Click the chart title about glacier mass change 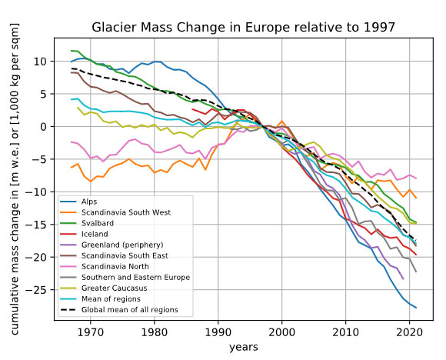244,28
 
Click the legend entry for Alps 89,202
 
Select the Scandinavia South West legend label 126,212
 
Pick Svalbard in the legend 98,223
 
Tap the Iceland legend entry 95,234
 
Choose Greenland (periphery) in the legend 122,245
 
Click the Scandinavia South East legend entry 125,255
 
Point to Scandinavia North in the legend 115,266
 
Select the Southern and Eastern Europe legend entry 135,277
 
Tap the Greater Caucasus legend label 115,288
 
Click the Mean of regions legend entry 111,298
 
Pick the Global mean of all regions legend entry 130,310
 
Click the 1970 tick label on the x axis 91,332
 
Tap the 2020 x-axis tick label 409,332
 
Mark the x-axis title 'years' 244,347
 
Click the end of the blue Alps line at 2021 416,308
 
